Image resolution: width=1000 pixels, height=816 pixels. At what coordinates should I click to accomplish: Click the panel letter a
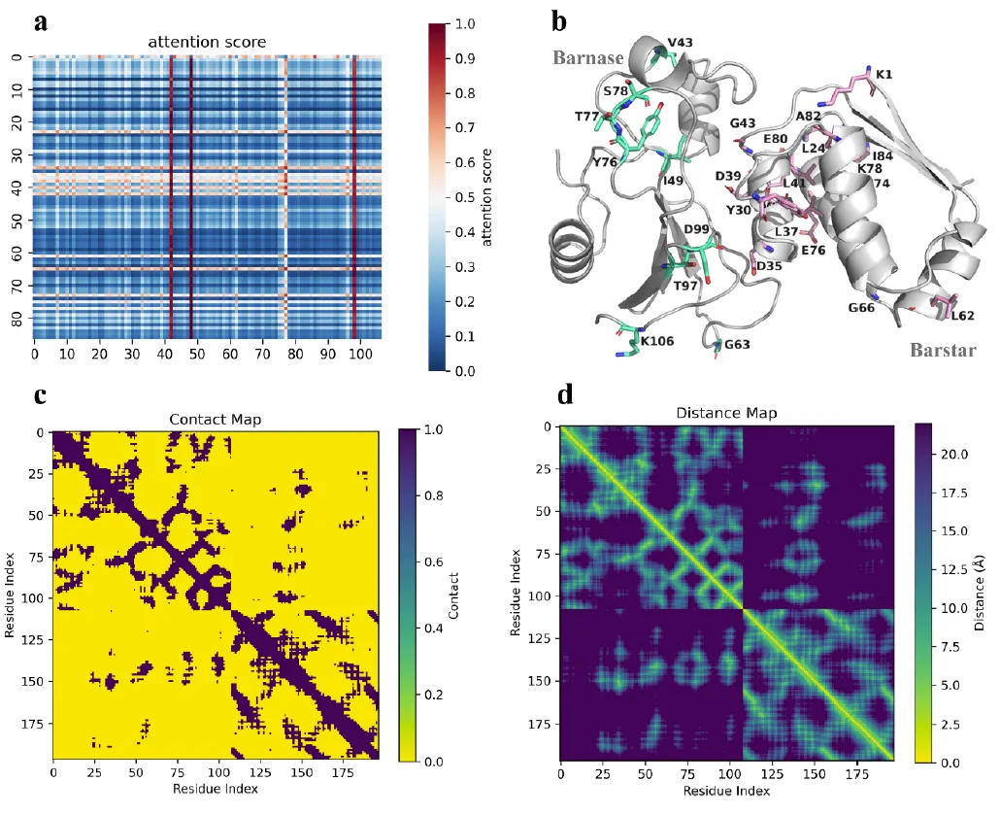[x=41, y=21]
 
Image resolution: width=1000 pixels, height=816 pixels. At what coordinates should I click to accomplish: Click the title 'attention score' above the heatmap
[x=207, y=42]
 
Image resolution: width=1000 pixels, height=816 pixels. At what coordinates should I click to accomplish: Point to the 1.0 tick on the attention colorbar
[x=465, y=24]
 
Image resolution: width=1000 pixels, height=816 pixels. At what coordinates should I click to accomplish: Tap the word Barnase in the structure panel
[x=588, y=58]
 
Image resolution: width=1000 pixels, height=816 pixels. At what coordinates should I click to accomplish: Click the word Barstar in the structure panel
[x=942, y=349]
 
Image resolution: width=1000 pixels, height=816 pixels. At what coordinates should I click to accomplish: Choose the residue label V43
[x=681, y=43]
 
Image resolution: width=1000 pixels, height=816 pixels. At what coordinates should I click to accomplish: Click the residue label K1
[x=884, y=75]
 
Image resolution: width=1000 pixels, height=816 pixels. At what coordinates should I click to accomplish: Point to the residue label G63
[x=741, y=344]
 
